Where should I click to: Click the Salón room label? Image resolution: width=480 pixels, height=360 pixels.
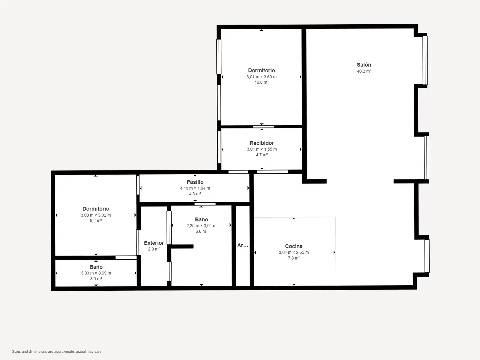click(364, 65)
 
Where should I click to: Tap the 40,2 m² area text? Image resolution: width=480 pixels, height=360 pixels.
click(364, 71)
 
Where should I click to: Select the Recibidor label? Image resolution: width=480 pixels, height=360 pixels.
click(262, 143)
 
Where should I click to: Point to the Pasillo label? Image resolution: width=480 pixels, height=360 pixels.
click(195, 182)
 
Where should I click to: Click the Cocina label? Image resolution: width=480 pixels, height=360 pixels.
click(294, 246)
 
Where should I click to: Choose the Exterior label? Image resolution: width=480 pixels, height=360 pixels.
click(154, 243)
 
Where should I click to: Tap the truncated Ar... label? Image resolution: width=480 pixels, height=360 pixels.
click(243, 245)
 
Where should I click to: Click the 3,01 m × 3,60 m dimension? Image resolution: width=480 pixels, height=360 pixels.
click(262, 77)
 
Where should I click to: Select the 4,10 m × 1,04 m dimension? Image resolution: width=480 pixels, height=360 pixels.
click(195, 188)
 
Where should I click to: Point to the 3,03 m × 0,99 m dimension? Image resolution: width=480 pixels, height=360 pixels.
click(96, 273)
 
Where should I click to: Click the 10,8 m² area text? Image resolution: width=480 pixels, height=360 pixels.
click(262, 82)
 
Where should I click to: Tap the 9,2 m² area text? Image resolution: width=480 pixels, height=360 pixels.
click(96, 221)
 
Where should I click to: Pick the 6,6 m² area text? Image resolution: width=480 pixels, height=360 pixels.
click(201, 231)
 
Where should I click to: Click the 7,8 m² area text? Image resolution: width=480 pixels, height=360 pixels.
click(294, 258)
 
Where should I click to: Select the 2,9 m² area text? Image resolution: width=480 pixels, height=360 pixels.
click(154, 249)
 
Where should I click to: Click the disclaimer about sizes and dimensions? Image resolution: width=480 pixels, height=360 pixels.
click(57, 351)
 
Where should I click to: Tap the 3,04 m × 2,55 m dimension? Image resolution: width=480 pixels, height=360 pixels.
click(294, 252)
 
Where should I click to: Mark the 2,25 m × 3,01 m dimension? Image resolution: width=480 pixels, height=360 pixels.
click(201, 226)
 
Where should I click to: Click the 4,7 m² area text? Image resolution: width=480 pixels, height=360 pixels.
click(262, 155)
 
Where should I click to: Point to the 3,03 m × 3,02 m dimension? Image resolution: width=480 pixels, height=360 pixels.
click(96, 215)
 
